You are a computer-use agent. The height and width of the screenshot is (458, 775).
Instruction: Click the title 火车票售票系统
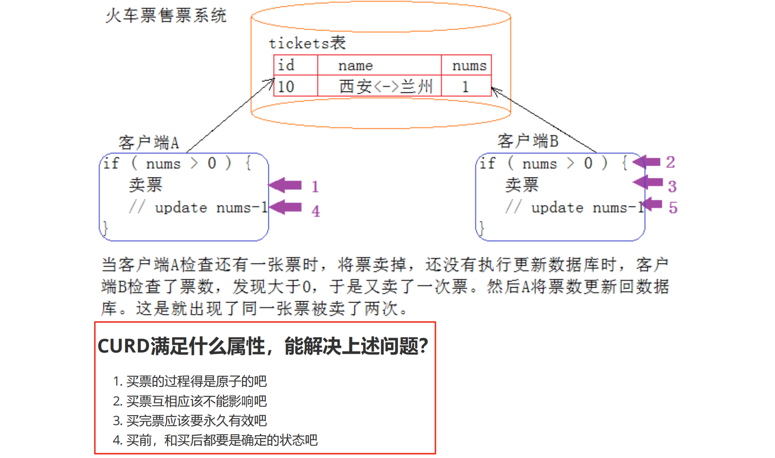click(x=166, y=16)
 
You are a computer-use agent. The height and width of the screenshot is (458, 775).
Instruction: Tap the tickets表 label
click(x=307, y=43)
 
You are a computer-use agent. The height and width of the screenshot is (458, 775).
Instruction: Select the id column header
click(x=286, y=65)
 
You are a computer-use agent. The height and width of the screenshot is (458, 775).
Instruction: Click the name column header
click(x=355, y=66)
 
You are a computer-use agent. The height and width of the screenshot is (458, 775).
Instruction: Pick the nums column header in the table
click(x=469, y=66)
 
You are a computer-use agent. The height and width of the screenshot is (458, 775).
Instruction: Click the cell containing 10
click(x=286, y=87)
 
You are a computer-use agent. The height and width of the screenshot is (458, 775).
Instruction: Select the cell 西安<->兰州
click(x=385, y=87)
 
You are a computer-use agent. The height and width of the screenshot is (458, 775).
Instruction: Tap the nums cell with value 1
click(x=466, y=87)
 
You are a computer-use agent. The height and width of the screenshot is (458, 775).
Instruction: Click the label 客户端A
click(x=148, y=143)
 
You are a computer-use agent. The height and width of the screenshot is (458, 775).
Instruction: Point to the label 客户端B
click(x=528, y=141)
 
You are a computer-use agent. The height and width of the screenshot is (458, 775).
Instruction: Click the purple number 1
click(x=315, y=187)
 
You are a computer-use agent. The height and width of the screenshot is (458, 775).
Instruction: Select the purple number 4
click(x=315, y=211)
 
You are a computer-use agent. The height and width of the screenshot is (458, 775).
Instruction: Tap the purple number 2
click(x=670, y=162)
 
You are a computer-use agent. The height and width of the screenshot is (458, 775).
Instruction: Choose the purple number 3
click(x=672, y=186)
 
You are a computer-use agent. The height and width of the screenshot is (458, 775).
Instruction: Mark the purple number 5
click(x=673, y=208)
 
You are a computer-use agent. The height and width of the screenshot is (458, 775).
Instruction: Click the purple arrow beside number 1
click(x=285, y=185)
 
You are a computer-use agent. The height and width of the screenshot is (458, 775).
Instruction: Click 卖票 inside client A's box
click(x=145, y=185)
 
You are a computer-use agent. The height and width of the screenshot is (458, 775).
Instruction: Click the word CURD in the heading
click(x=123, y=346)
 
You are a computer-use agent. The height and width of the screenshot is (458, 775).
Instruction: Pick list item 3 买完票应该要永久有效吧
click(x=190, y=421)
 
